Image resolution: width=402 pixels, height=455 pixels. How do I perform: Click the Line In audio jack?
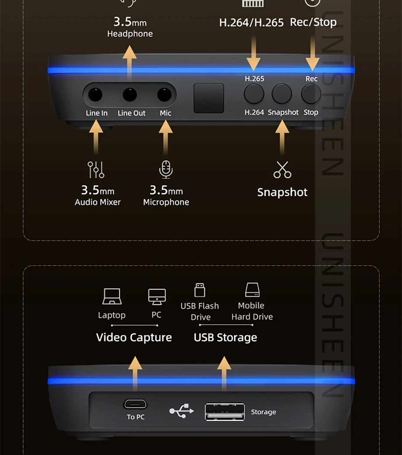95,94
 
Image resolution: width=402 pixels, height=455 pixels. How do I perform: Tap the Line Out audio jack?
130,94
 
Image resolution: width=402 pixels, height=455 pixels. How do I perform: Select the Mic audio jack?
164,94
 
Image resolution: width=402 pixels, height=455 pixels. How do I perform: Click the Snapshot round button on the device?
282,94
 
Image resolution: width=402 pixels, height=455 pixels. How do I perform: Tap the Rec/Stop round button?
311,94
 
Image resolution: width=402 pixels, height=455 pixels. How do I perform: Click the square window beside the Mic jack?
209,98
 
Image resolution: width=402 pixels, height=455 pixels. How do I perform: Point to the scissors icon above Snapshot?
282,170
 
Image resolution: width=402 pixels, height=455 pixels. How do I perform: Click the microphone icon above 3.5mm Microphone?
166,169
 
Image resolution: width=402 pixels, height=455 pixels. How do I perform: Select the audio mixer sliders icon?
96,170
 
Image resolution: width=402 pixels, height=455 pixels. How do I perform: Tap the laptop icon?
112,297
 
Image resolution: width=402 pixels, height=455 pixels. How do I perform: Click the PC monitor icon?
157,297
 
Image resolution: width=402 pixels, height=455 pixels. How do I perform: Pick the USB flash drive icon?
200,290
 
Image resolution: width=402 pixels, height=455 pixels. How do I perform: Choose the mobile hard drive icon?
252,290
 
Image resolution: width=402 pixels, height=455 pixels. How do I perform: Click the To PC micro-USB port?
135,404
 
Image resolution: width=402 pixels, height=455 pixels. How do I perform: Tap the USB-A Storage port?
225,412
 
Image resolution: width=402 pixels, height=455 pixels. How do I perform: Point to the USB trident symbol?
181,411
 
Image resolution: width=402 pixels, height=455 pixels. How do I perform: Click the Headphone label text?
130,34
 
